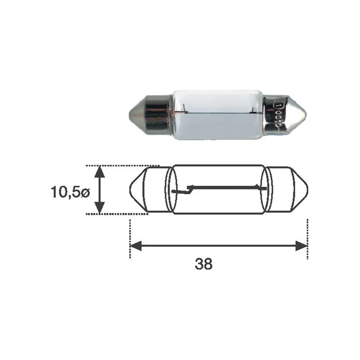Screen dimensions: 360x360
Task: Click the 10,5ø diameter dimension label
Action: coord(70,192)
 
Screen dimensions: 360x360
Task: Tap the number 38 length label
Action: coord(204,264)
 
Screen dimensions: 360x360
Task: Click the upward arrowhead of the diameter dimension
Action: coord(99,172)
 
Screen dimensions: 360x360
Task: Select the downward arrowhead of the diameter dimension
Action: coord(99,207)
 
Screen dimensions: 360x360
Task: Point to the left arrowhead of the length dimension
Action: coord(136,246)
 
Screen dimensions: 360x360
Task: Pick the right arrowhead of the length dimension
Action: coord(301,246)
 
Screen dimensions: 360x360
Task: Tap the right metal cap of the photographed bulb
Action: coord(285,114)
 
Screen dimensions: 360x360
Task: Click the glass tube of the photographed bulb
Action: coord(217,115)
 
